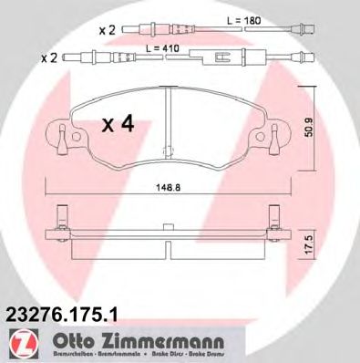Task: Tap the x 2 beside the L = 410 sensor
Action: point(50,57)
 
